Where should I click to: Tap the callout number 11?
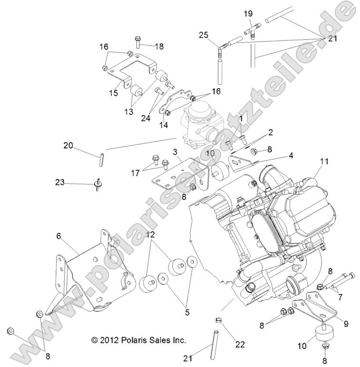(324, 162)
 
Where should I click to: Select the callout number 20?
(68, 146)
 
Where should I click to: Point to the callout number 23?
(59, 182)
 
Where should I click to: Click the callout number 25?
(204, 35)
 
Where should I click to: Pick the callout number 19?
(248, 14)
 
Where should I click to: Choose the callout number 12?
(150, 235)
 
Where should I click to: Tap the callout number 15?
(113, 93)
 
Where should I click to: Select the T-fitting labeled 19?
(252, 32)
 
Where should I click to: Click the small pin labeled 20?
(101, 159)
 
